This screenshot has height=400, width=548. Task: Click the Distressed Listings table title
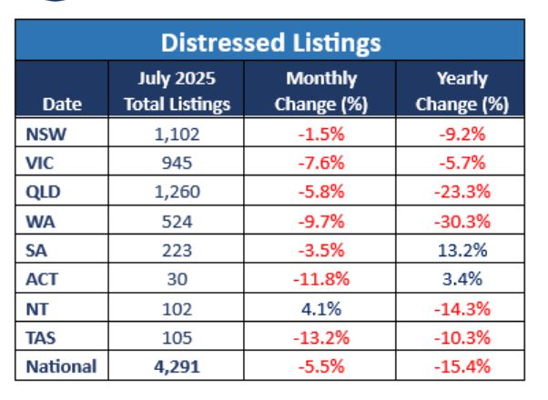pyautogui.click(x=270, y=42)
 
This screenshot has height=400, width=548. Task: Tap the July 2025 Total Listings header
pyautogui.click(x=177, y=91)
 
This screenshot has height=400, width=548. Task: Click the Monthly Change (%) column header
pyautogui.click(x=320, y=91)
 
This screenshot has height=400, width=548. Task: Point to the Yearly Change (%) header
pyautogui.click(x=461, y=91)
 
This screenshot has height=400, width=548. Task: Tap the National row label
pyautogui.click(x=61, y=367)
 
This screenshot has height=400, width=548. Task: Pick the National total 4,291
pyautogui.click(x=177, y=367)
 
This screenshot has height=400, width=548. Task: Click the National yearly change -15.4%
pyautogui.click(x=461, y=367)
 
